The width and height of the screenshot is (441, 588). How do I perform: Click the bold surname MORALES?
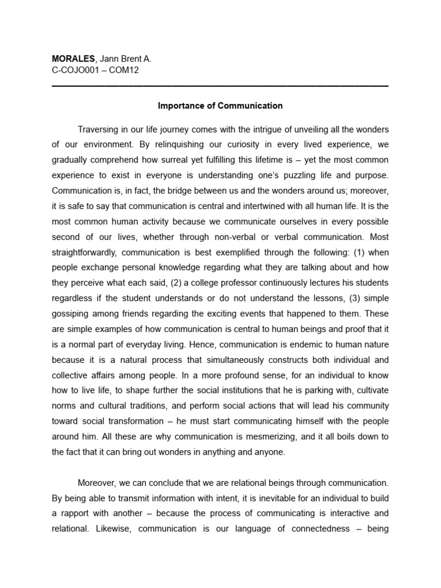click(72, 59)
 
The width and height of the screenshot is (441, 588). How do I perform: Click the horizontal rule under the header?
click(220, 86)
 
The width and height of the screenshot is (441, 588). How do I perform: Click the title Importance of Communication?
click(220, 106)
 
